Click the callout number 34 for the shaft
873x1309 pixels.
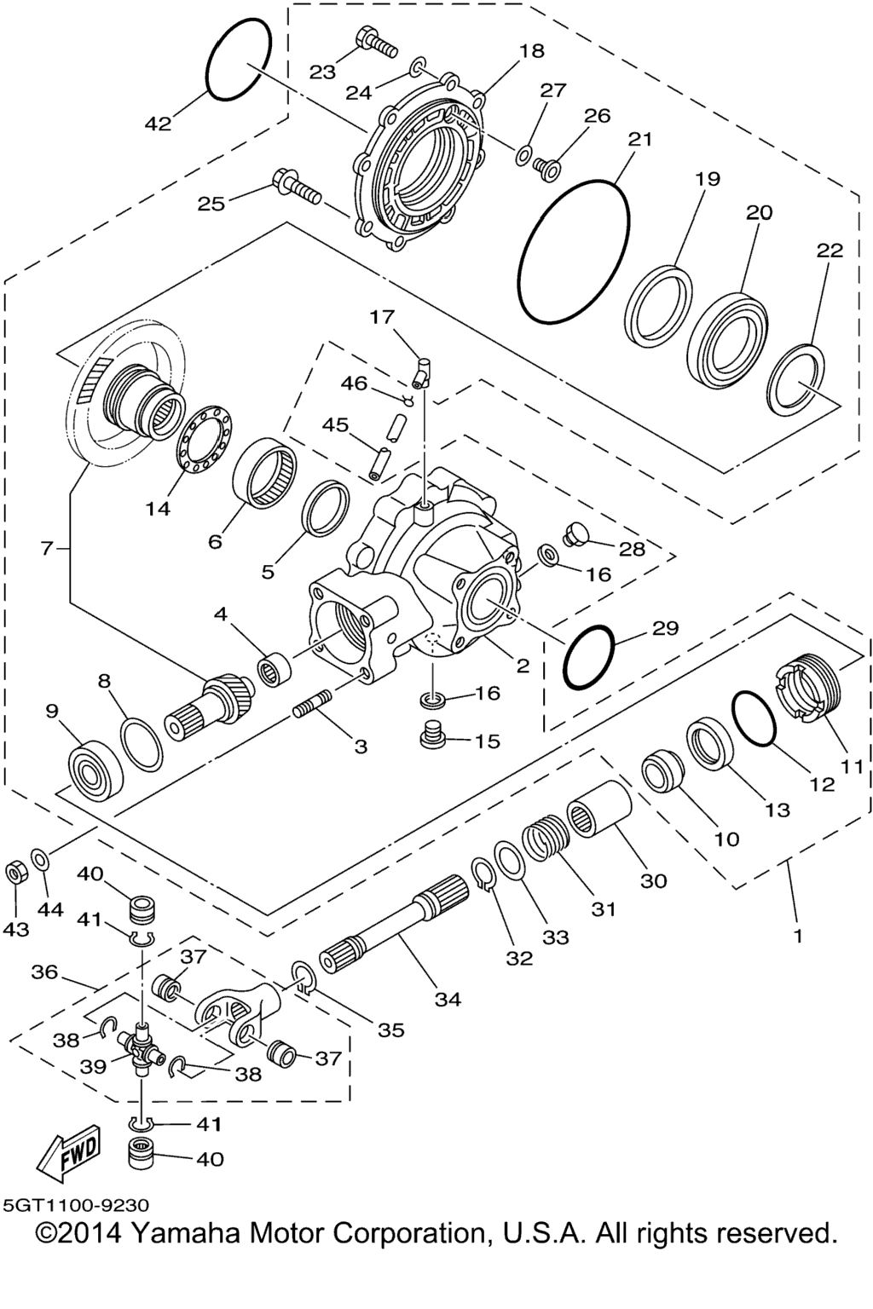447,999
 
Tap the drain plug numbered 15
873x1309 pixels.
435,735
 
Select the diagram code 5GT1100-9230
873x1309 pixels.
76,1206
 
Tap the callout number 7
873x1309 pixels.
46,548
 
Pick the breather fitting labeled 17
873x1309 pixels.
422,368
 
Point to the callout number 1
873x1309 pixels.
797,936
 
